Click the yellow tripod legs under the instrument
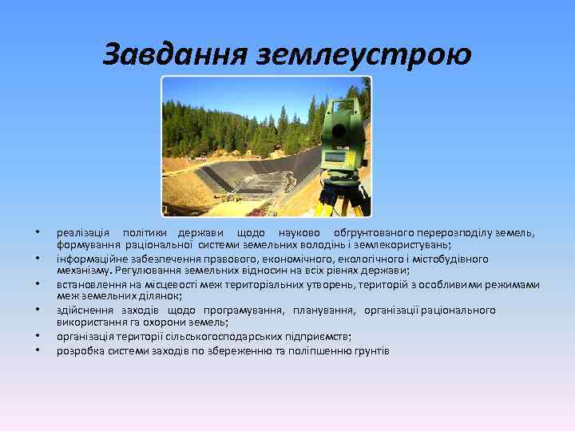[343, 200]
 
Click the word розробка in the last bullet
[76, 350]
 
